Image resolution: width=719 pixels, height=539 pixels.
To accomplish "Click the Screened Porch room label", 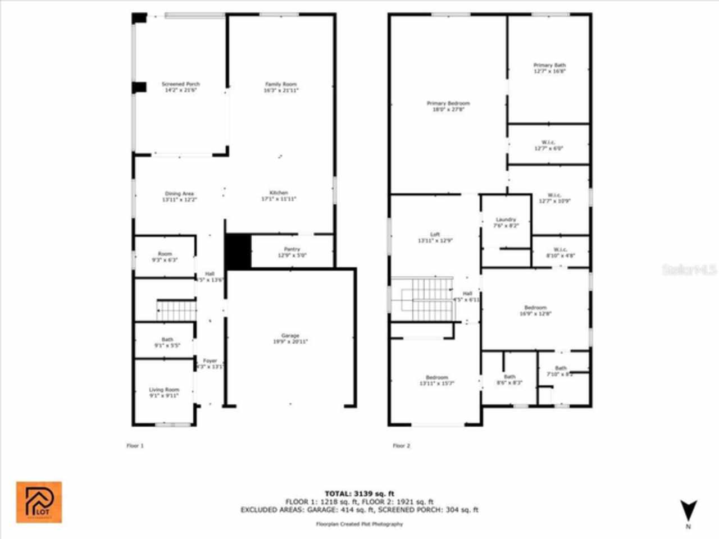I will point(181,84).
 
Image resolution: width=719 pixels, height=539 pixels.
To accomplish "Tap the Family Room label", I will point(281,84).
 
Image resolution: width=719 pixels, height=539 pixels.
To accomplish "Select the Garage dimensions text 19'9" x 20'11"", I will point(290,341).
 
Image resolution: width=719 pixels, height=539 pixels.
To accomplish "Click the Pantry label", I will point(292,249).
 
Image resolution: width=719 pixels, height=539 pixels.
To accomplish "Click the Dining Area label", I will point(179,194).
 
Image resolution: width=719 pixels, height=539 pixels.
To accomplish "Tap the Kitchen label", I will point(279,193).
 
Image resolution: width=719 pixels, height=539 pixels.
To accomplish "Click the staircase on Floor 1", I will point(176,310).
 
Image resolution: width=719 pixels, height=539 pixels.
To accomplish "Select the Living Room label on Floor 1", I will point(163,390).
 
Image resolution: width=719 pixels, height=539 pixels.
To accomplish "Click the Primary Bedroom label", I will point(448,103).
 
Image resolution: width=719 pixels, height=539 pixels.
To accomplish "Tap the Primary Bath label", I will point(549,65).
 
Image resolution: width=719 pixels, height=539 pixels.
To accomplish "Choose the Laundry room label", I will point(506,220).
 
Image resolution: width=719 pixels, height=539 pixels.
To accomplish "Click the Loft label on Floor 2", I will point(435,234).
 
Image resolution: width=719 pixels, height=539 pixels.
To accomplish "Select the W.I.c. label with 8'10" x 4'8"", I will point(560,249).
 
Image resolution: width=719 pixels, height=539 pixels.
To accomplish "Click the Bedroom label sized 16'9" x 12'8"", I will point(535,308).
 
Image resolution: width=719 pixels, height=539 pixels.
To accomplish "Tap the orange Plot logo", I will point(39,502).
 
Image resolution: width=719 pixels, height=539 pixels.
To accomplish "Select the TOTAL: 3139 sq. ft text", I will point(359,494).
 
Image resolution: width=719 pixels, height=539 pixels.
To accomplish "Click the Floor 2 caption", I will point(401,446).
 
